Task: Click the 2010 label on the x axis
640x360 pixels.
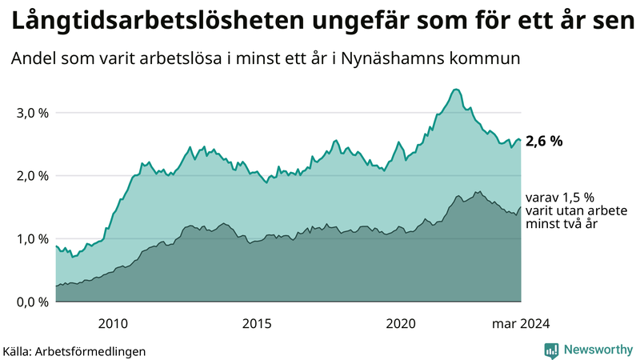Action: pos(113,324)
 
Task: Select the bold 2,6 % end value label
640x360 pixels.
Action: pos(545,141)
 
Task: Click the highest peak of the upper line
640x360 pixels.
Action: pos(455,90)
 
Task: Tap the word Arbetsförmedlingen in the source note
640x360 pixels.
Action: pos(94,350)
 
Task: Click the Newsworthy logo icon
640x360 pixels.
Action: pos(551,350)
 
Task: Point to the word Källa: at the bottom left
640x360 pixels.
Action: pos(22,350)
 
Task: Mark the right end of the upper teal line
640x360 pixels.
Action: pos(521,140)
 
